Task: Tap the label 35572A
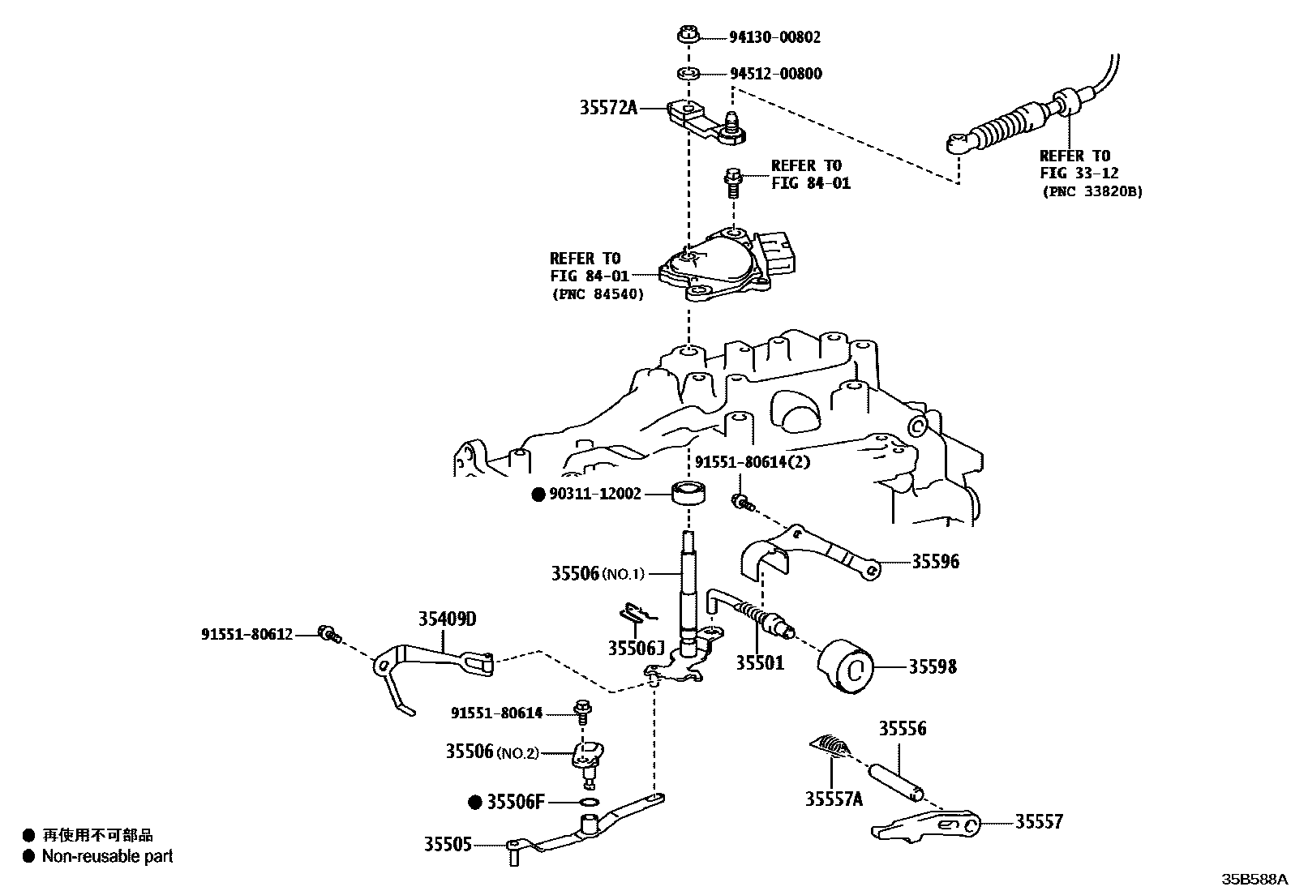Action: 608,107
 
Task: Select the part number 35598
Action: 933,666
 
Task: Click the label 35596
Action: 935,561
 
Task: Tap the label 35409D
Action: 447,619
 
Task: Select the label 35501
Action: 760,663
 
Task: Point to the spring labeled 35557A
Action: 831,744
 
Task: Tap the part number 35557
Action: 1039,822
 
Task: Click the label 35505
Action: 447,844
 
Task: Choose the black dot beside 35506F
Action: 476,803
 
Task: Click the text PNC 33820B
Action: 1091,192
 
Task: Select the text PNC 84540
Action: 597,294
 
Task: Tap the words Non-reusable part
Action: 107,856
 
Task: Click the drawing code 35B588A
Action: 1255,880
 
